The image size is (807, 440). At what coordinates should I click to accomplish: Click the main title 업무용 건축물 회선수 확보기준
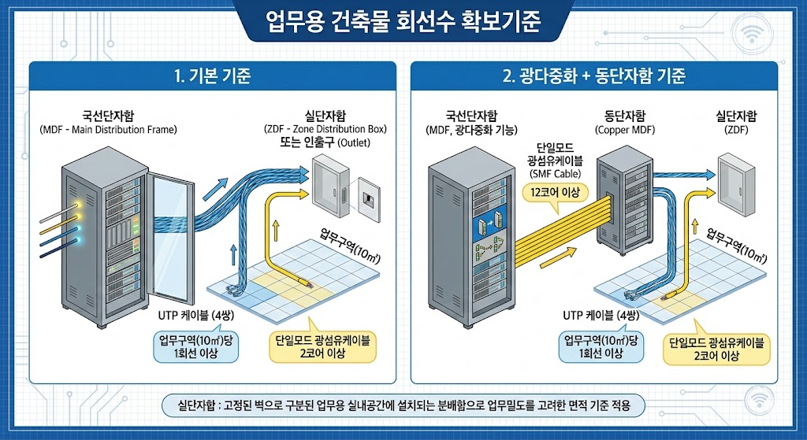coord(403,21)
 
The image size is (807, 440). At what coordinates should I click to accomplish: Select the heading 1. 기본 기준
coord(211,77)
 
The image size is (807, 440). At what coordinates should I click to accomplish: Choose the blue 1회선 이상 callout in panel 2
coord(601,346)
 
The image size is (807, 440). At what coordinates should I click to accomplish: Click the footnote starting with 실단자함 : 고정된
coord(403,405)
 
